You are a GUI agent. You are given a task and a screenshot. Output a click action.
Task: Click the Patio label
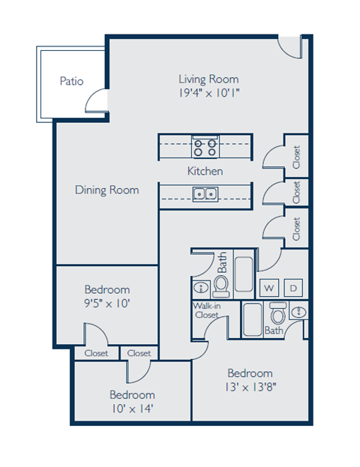(x=71, y=81)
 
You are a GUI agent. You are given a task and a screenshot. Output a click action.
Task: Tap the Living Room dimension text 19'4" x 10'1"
(x=209, y=93)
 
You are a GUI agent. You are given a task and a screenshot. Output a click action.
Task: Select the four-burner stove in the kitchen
(x=205, y=147)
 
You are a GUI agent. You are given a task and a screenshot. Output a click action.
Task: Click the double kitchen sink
(x=205, y=194)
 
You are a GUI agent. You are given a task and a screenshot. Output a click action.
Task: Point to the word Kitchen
(x=205, y=171)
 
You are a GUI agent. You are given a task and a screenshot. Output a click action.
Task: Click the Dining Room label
(x=107, y=190)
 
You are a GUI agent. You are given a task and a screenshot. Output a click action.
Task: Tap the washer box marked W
(x=269, y=288)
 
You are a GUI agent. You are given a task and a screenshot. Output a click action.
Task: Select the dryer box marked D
(x=293, y=288)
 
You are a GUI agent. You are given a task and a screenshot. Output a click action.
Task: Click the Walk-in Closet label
(x=206, y=310)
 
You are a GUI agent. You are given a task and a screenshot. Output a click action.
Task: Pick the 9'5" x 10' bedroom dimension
(x=107, y=304)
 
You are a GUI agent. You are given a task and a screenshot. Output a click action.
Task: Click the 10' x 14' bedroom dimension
(x=132, y=409)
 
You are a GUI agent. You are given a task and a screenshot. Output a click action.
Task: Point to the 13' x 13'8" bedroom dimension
(x=250, y=388)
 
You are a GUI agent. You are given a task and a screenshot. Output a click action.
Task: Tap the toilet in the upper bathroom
(x=220, y=286)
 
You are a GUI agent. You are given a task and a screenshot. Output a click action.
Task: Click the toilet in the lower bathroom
(x=278, y=313)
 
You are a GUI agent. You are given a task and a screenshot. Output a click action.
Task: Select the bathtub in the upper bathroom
(x=244, y=274)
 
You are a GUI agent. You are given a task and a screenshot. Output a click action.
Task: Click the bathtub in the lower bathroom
(x=253, y=319)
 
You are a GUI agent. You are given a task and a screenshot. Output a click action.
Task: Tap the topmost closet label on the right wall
(x=296, y=157)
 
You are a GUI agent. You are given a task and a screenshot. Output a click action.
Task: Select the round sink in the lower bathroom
(x=298, y=313)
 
